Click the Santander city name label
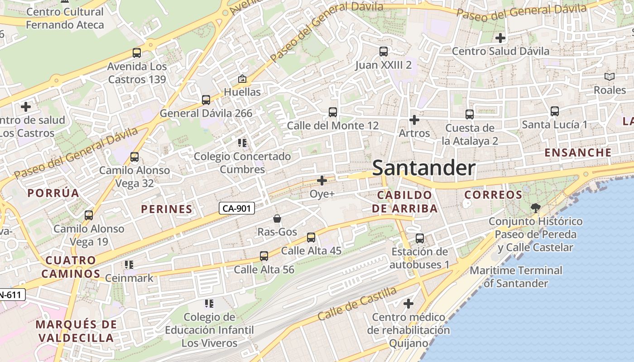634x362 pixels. [423, 168]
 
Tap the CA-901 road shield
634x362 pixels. [237, 208]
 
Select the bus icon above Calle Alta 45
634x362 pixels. [311, 238]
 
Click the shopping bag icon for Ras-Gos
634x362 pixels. [277, 219]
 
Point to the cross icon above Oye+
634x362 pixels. [322, 181]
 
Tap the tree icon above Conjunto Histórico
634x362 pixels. [535, 208]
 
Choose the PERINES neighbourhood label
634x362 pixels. [167, 209]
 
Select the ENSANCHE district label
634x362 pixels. [578, 152]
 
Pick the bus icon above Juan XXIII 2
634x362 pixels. [384, 52]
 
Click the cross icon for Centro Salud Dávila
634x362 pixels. [500, 38]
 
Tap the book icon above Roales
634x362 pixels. [610, 77]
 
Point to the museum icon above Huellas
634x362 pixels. [242, 79]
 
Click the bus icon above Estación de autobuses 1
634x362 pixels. [420, 238]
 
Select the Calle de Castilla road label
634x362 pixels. [357, 304]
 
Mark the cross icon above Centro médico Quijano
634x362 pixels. [408, 303]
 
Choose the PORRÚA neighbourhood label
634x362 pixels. [53, 193]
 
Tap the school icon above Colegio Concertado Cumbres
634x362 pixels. [242, 143]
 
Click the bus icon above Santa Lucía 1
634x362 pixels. [554, 111]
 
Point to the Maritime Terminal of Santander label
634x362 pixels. [516, 277]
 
